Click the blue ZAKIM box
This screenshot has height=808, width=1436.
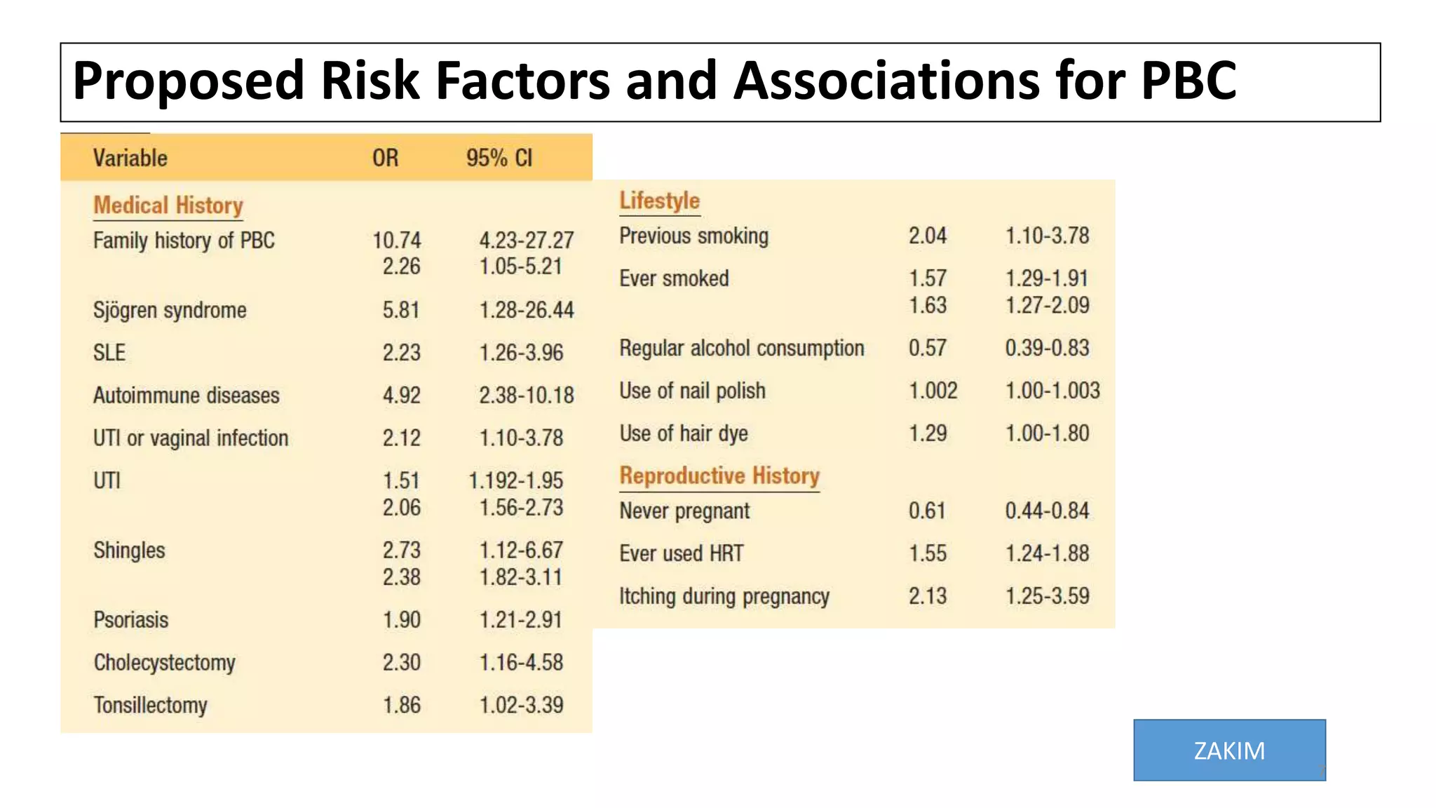pos(1229,750)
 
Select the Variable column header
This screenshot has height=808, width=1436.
pos(130,158)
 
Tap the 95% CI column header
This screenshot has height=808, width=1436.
pos(499,158)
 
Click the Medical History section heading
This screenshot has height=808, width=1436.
pos(168,206)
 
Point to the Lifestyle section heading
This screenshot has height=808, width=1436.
pos(659,201)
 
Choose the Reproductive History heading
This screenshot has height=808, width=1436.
pos(719,476)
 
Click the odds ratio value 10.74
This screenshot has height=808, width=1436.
pos(397,241)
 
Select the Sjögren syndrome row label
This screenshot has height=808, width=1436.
pos(170,310)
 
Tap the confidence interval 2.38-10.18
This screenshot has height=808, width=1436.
pos(526,396)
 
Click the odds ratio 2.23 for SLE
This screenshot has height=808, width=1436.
pos(401,352)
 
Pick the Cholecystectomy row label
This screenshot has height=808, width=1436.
pos(165,663)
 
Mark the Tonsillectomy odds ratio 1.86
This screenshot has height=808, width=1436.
pos(401,705)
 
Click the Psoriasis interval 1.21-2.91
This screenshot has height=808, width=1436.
pos(520,620)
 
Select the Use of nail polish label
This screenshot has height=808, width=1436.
pos(692,391)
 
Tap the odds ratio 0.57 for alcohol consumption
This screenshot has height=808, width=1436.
pos(927,348)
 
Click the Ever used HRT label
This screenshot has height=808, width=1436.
pos(681,553)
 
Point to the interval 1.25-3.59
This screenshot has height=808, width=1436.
pos(1047,596)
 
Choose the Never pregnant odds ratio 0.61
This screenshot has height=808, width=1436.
pos(927,511)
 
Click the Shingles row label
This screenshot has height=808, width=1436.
pos(129,551)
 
